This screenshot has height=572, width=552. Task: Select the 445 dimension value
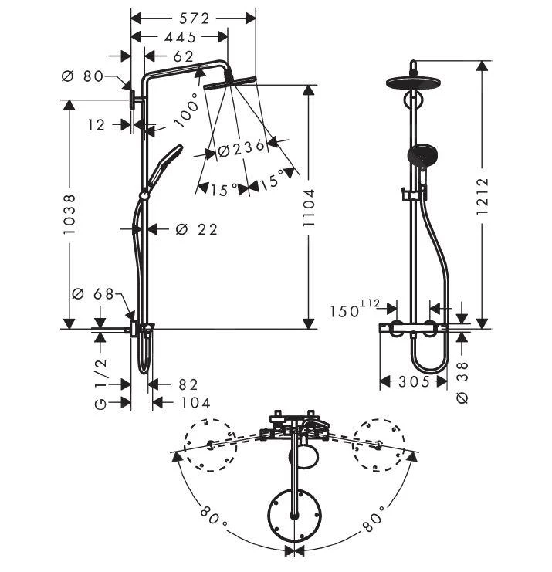[180, 37]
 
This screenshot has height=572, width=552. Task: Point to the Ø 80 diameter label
[83, 76]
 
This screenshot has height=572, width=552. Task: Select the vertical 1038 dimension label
[69, 214]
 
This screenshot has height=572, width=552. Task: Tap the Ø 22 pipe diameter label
[197, 229]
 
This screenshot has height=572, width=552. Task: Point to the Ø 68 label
[93, 294]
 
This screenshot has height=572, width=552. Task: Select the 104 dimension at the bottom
[194, 402]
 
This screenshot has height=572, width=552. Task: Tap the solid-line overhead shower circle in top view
[293, 515]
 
